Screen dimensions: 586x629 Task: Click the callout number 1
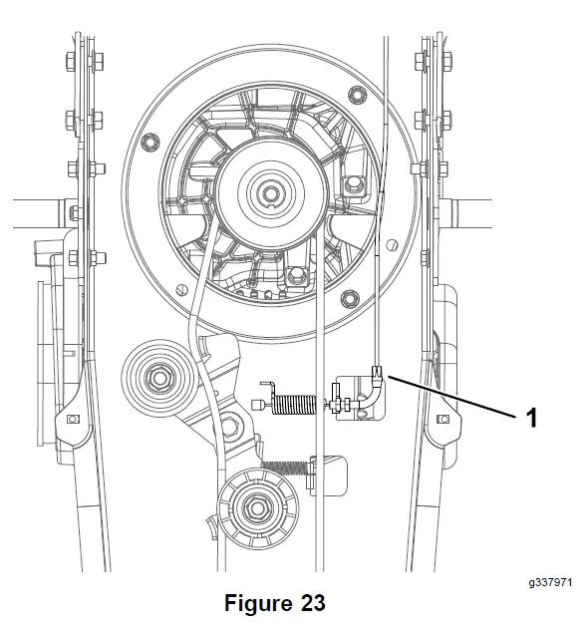pyautogui.click(x=531, y=418)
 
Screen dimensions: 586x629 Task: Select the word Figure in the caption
pyautogui.click(x=259, y=602)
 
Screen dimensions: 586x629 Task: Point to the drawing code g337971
pyautogui.click(x=550, y=582)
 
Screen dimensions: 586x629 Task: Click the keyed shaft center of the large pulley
pyautogui.click(x=271, y=193)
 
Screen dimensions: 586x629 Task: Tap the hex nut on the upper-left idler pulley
pyautogui.click(x=160, y=378)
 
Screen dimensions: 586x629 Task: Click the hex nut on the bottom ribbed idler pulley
pyautogui.click(x=253, y=508)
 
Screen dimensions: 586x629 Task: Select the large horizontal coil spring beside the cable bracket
pyautogui.click(x=294, y=404)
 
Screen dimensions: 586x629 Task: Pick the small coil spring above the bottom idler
pyautogui.click(x=284, y=468)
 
